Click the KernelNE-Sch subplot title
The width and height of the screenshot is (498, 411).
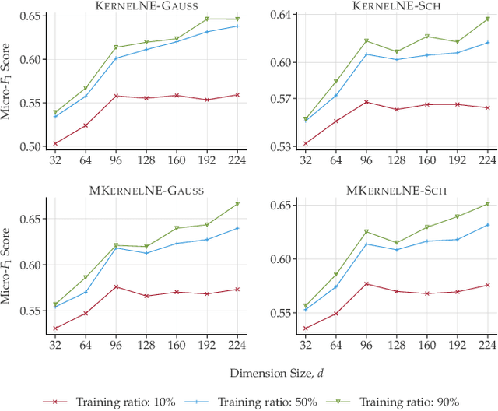tap(396, 5)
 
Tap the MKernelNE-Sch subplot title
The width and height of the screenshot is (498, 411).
tap(396, 190)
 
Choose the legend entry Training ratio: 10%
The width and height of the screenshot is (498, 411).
tap(120, 401)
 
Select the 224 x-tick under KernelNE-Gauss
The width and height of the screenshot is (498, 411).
tap(237, 160)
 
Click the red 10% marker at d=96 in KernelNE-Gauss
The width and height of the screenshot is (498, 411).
tap(116, 96)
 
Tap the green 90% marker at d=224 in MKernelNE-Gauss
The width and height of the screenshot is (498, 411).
tap(237, 204)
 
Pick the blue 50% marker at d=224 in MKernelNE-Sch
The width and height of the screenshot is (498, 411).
tap(487, 225)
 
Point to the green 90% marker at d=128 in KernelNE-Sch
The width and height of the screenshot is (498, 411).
tap(396, 51)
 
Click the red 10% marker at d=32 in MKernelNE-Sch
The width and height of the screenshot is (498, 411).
tap(305, 328)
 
